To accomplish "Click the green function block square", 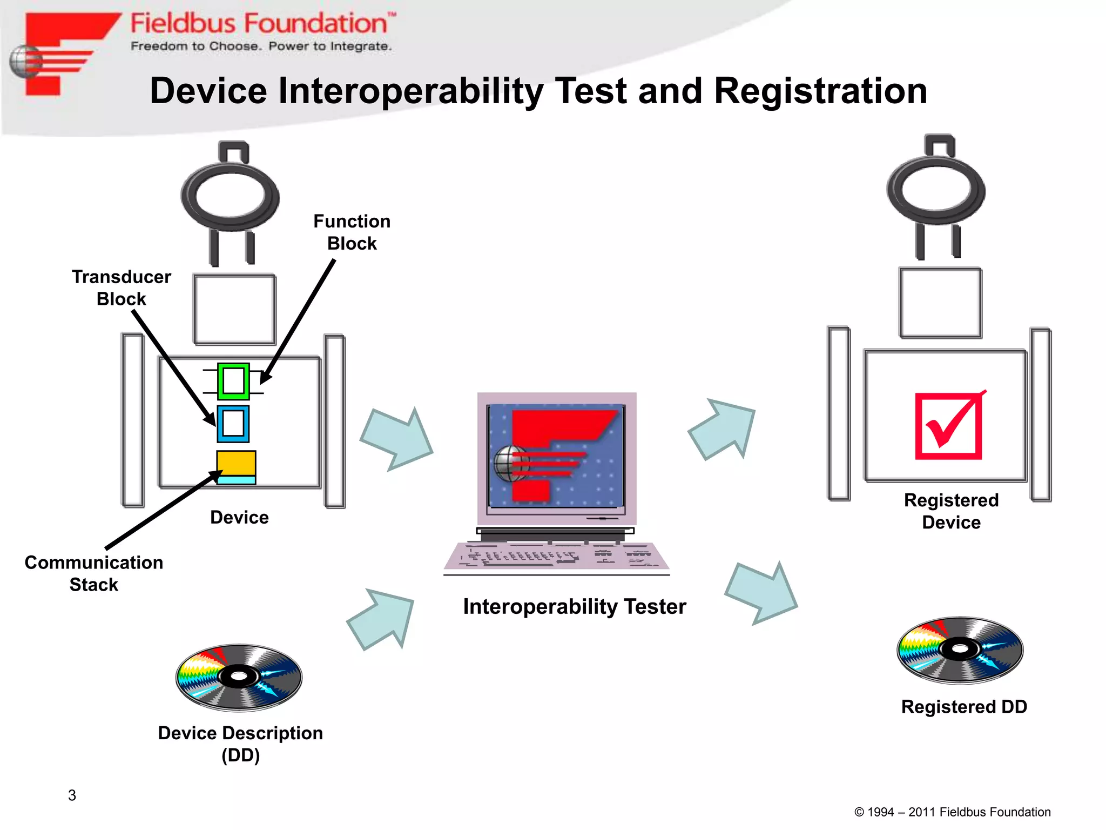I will click(233, 381).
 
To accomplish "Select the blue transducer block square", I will click(233, 424).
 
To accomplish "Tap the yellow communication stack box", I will click(236, 464).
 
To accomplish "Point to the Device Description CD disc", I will click(239, 677).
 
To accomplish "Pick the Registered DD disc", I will click(960, 650).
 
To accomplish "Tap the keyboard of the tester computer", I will click(556, 557).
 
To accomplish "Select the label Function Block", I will click(352, 232).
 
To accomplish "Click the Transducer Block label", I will click(122, 287).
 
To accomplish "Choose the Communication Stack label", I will click(94, 573).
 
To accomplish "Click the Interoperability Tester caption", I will click(575, 606).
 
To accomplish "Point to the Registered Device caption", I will click(951, 511).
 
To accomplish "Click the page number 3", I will click(72, 795).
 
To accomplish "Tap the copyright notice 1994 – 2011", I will click(952, 812).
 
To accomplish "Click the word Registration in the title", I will click(820, 91).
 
